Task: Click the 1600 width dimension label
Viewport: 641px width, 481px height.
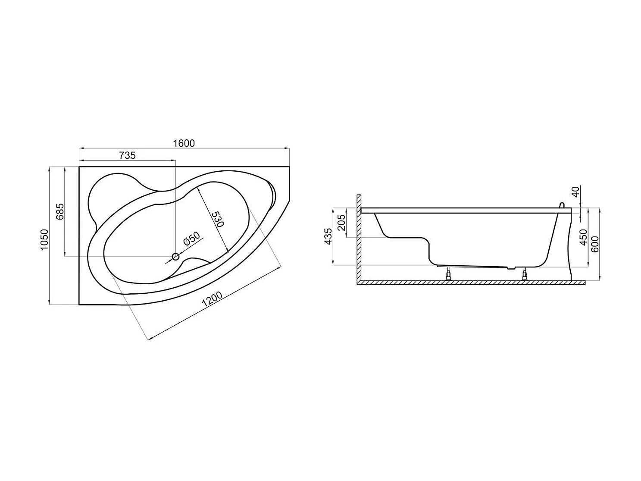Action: (184, 143)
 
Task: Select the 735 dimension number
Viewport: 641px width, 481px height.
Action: (127, 155)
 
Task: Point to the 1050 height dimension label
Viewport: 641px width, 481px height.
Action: (44, 240)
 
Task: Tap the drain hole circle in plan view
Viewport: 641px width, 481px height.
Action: (175, 257)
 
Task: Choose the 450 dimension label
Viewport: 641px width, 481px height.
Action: (584, 237)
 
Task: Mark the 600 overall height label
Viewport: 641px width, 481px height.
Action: (595, 244)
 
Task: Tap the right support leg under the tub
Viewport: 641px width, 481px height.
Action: (525, 274)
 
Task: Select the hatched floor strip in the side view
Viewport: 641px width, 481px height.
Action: (470, 283)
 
